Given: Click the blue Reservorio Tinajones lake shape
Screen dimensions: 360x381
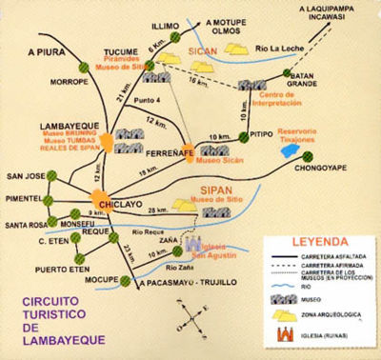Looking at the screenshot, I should (287, 150).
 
